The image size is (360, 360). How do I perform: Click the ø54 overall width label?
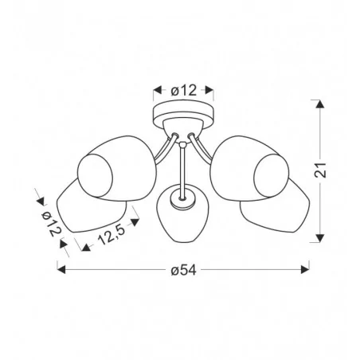point(183,270)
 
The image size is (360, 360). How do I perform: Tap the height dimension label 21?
point(320,170)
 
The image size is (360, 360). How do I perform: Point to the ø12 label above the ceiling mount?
point(184,90)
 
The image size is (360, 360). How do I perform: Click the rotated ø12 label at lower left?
point(51,224)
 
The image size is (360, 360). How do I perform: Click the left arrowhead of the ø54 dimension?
point(61,270)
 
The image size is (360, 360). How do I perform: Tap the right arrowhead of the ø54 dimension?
point(305,270)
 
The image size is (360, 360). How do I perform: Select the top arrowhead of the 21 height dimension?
point(320,104)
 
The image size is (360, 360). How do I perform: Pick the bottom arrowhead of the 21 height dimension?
point(320,238)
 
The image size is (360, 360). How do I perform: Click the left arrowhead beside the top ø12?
point(158,90)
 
